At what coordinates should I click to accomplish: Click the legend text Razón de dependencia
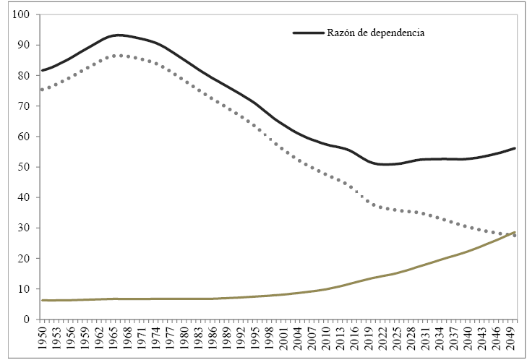374,33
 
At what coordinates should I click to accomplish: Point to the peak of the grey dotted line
119,55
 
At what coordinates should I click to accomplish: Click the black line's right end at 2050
515,148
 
